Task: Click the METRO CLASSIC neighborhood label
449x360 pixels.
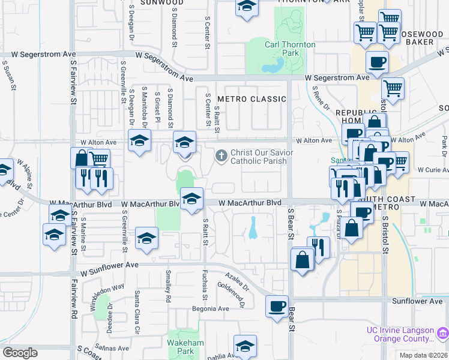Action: [x=252, y=99]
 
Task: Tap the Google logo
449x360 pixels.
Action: [x=20, y=353]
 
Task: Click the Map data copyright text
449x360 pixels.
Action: [x=423, y=355]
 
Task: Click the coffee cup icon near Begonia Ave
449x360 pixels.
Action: [x=277, y=307]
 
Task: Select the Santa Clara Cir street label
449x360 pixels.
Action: [x=137, y=305]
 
